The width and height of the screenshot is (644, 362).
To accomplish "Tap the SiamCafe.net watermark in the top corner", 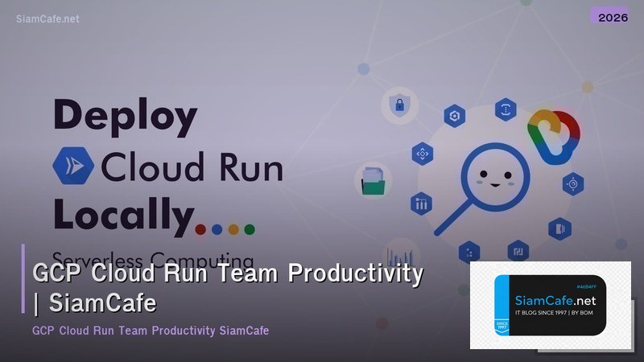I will point(47,19).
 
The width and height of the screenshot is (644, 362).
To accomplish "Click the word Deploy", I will point(125,117).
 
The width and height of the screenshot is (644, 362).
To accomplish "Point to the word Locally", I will point(125,213).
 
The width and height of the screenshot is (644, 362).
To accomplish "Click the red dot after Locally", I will point(201,229).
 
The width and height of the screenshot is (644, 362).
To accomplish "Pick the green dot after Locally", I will point(250,229).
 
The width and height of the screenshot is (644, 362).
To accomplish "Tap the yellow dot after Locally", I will point(233,229).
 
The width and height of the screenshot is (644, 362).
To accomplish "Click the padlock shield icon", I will point(398,105).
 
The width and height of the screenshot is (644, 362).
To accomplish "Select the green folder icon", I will point(373,179).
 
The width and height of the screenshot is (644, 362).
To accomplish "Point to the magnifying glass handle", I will point(448,218).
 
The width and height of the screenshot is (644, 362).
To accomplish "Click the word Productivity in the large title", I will point(356,274).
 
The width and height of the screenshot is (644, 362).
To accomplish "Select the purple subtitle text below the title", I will point(151,331).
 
